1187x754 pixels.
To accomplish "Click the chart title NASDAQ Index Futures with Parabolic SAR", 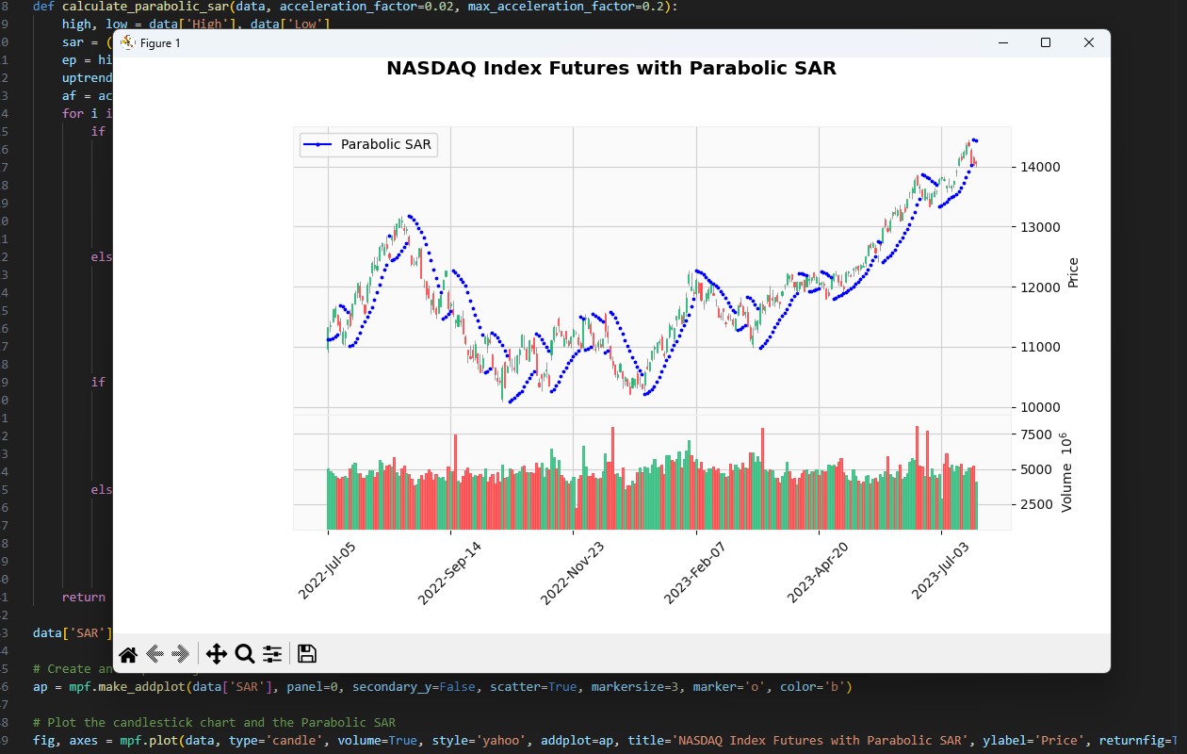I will [611, 68].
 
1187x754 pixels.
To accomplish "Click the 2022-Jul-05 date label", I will [327, 570].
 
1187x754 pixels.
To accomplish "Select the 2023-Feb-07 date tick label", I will [695, 572].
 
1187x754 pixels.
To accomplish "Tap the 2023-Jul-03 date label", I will [940, 570].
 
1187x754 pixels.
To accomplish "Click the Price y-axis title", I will [1073, 272].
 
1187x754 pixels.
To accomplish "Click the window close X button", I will [1089, 42].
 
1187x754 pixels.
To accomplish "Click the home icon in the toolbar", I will [128, 654].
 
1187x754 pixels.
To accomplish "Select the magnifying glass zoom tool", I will [245, 654].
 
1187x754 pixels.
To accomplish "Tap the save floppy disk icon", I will [306, 654].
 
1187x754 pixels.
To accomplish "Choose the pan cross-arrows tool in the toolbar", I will [216, 654].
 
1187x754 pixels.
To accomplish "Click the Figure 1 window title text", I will [160, 43].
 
